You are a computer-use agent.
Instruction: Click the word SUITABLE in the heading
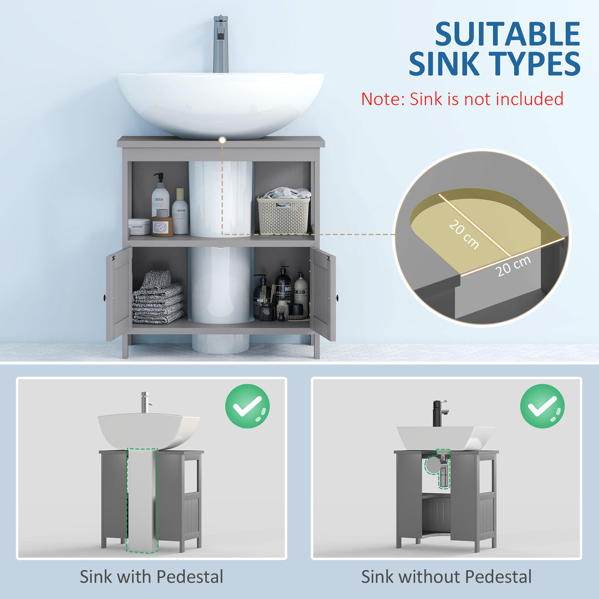coord(507,34)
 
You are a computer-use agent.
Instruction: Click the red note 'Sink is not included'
coord(462,99)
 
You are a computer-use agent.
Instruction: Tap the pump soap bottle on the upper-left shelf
coord(160,198)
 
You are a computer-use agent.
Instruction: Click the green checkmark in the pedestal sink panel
coord(247,406)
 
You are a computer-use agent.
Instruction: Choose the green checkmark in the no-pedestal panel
coord(542,406)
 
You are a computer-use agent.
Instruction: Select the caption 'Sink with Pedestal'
coord(151,576)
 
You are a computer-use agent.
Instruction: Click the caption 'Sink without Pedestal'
coord(446,576)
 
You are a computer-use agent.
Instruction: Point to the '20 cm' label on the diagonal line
coord(463,232)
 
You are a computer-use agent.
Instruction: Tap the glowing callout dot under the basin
coord(222,140)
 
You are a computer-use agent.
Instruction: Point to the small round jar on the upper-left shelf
coord(139,226)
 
